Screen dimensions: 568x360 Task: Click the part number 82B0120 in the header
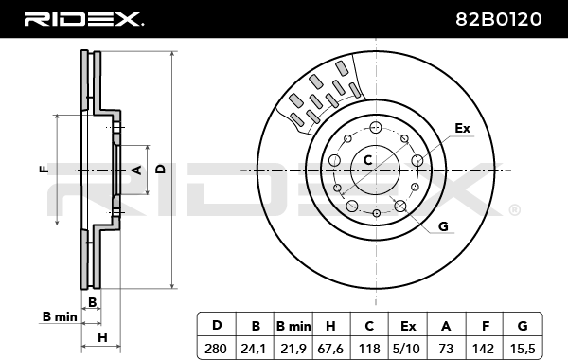498,19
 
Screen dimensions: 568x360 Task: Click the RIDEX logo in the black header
84,19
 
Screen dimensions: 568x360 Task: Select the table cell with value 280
216,349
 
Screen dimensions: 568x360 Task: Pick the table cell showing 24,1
254,349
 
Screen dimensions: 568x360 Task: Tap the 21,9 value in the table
293,349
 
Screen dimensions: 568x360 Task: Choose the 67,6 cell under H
330,349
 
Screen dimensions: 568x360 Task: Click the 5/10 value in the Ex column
406,349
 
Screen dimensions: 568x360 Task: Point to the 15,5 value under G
523,349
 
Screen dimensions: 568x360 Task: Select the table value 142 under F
483,349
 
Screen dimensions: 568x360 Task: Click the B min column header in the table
293,326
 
